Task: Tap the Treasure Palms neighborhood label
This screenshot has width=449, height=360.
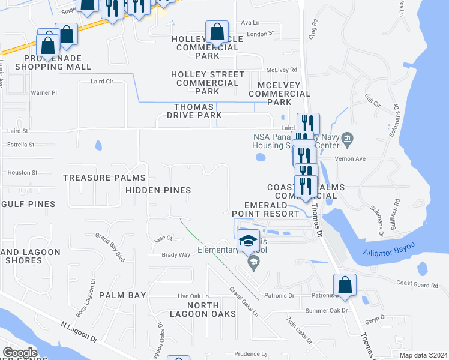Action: (x=104, y=178)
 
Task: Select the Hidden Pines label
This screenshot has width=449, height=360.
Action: (x=158, y=190)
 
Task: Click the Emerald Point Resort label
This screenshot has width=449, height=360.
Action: (x=266, y=209)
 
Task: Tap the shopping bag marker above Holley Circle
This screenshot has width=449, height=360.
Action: (x=217, y=32)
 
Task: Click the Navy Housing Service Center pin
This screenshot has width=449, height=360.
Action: (x=348, y=142)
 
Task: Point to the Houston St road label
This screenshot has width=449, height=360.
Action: (x=22, y=173)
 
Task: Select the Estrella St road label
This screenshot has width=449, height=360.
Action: (x=20, y=145)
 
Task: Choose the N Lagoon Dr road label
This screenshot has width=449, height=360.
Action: (x=79, y=331)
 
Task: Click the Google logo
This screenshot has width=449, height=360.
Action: (x=20, y=353)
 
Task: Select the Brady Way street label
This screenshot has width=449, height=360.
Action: (x=176, y=255)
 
